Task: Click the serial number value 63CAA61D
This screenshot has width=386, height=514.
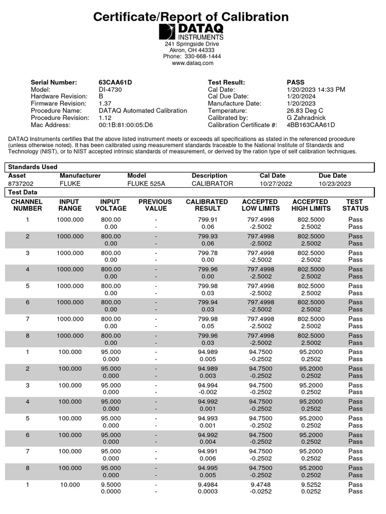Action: [x=115, y=82]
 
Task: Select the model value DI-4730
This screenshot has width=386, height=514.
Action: [x=110, y=89]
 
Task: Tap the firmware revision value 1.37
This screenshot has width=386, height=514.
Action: [x=105, y=103]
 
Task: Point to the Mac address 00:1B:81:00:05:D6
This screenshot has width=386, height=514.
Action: [x=126, y=125]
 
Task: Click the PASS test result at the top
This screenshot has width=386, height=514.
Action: [x=296, y=82]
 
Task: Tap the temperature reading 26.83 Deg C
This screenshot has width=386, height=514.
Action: [x=305, y=110]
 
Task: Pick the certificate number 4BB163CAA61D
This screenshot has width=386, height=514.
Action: [x=311, y=125]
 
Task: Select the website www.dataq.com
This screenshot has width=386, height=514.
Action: [x=192, y=63]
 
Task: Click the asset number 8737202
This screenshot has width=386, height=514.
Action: [x=20, y=184]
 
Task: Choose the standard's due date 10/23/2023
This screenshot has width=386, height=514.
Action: [x=335, y=184]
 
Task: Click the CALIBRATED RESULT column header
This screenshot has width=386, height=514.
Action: [x=207, y=205]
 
